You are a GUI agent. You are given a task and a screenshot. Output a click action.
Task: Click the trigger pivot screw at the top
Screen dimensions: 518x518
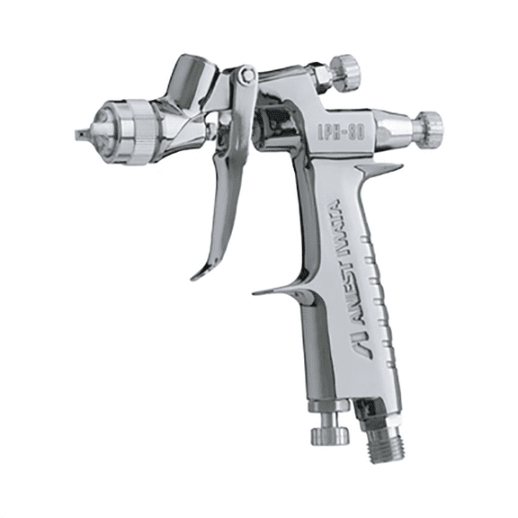(244, 76)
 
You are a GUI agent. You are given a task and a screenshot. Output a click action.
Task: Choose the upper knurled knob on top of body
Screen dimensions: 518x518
(343, 70)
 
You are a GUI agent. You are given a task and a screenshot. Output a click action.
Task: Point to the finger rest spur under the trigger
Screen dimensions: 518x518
(274, 290)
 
